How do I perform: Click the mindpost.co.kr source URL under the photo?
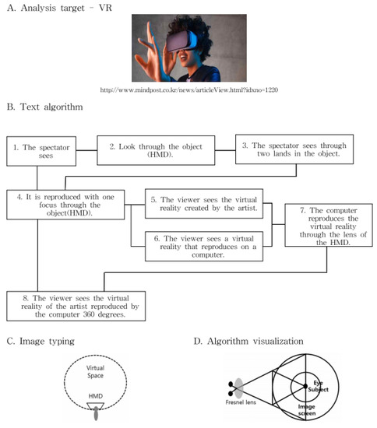click(x=189, y=90)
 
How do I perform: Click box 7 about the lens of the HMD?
click(x=329, y=226)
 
